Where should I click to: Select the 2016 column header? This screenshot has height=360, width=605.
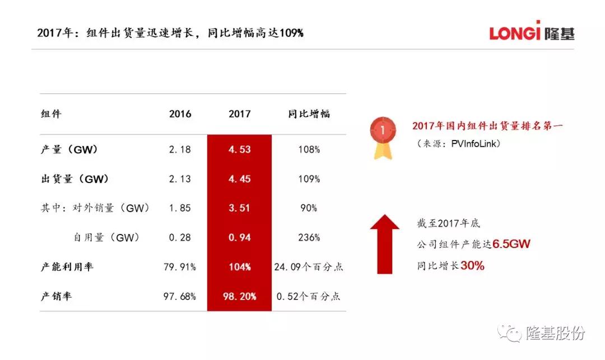(180, 114)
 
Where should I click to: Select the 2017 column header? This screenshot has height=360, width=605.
(240, 114)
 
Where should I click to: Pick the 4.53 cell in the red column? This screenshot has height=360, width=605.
(240, 149)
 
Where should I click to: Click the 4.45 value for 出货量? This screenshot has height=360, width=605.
(240, 179)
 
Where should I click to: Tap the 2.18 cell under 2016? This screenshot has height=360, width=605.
(180, 149)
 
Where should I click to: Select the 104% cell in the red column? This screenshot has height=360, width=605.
(240, 267)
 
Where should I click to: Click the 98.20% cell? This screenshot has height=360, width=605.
(240, 296)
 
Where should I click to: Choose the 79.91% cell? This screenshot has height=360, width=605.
(180, 267)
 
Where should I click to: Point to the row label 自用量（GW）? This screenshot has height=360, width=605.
(106, 237)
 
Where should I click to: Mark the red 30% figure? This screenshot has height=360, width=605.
(472, 266)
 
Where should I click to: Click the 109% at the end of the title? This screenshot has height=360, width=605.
(291, 33)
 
